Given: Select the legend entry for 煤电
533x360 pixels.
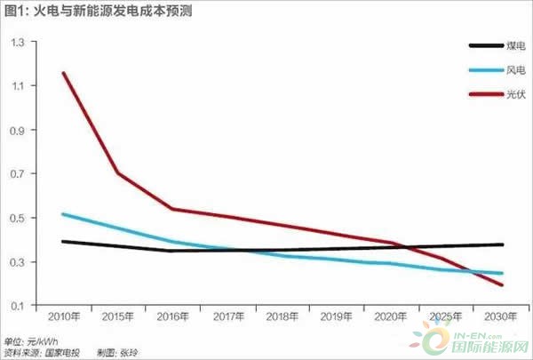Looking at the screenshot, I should pyautogui.click(x=494, y=45).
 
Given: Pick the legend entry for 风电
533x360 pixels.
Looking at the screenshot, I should pyautogui.click(x=494, y=68).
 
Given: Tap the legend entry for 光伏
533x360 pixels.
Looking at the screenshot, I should pyautogui.click(x=494, y=92).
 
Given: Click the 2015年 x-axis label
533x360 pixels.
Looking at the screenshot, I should pyautogui.click(x=117, y=316).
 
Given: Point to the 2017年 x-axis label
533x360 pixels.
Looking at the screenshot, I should pyautogui.click(x=227, y=316).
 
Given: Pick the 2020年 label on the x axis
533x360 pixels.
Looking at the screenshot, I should pyautogui.click(x=391, y=316).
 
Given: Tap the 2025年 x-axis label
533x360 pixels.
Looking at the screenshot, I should pyautogui.click(x=445, y=316).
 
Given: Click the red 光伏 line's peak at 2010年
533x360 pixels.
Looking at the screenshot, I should pyautogui.click(x=63, y=73).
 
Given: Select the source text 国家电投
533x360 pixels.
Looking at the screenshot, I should pyautogui.click(x=63, y=353).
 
